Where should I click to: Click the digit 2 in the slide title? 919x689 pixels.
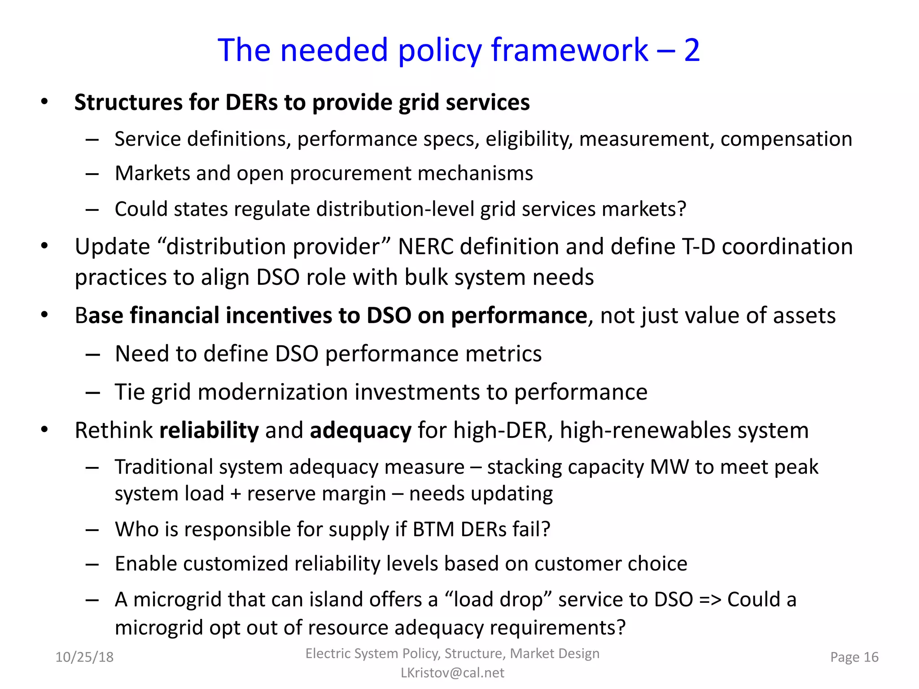pyautogui.click(x=691, y=50)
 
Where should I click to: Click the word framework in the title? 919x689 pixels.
pyautogui.click(x=569, y=50)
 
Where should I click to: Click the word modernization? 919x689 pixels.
pyautogui.click(x=273, y=392)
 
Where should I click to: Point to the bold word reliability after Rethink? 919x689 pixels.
pyautogui.click(x=209, y=430)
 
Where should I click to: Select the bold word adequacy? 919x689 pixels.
pyautogui.click(x=360, y=430)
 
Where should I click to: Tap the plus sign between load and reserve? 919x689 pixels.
pyautogui.click(x=236, y=494)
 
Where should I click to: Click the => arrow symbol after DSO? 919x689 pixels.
pyautogui.click(x=710, y=600)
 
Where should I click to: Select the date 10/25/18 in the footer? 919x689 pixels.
pyautogui.click(x=84, y=657)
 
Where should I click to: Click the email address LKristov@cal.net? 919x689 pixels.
pyautogui.click(x=452, y=673)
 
